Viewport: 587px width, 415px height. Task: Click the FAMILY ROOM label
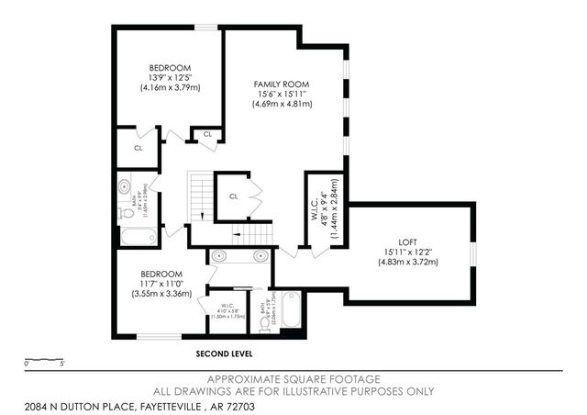(282, 84)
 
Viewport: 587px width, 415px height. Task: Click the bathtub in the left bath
(138, 236)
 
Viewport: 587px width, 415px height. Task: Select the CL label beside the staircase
(234, 196)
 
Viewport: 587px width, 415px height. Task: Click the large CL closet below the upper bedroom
(138, 147)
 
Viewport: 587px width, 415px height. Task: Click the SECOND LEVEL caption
(225, 353)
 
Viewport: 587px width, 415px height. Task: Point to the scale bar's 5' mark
(61, 365)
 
